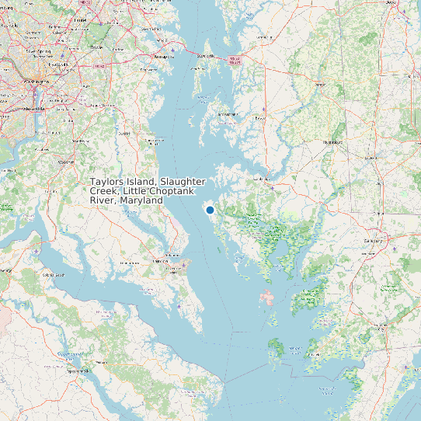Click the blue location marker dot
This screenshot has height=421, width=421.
(x=210, y=210)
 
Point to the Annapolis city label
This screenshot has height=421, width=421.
(x=162, y=57)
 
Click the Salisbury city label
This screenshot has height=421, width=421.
(x=374, y=241)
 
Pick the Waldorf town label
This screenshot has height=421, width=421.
(x=67, y=162)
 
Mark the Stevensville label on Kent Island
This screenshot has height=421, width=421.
(x=205, y=56)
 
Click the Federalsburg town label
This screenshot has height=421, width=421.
(x=332, y=143)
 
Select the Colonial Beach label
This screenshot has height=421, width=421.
(x=52, y=274)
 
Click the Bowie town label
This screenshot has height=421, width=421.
(x=96, y=47)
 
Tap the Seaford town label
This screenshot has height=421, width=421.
(x=370, y=159)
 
